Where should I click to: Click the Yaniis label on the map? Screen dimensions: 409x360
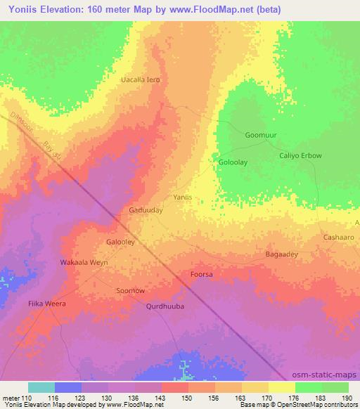tap(183, 197)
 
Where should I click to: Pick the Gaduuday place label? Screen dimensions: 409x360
tap(146, 209)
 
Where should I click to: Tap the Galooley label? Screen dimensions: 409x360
tap(120, 241)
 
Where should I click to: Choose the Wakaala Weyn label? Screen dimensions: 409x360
tap(83, 262)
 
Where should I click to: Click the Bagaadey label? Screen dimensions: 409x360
tap(281, 254)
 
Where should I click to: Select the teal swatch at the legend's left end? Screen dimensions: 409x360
tap(41, 387)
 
